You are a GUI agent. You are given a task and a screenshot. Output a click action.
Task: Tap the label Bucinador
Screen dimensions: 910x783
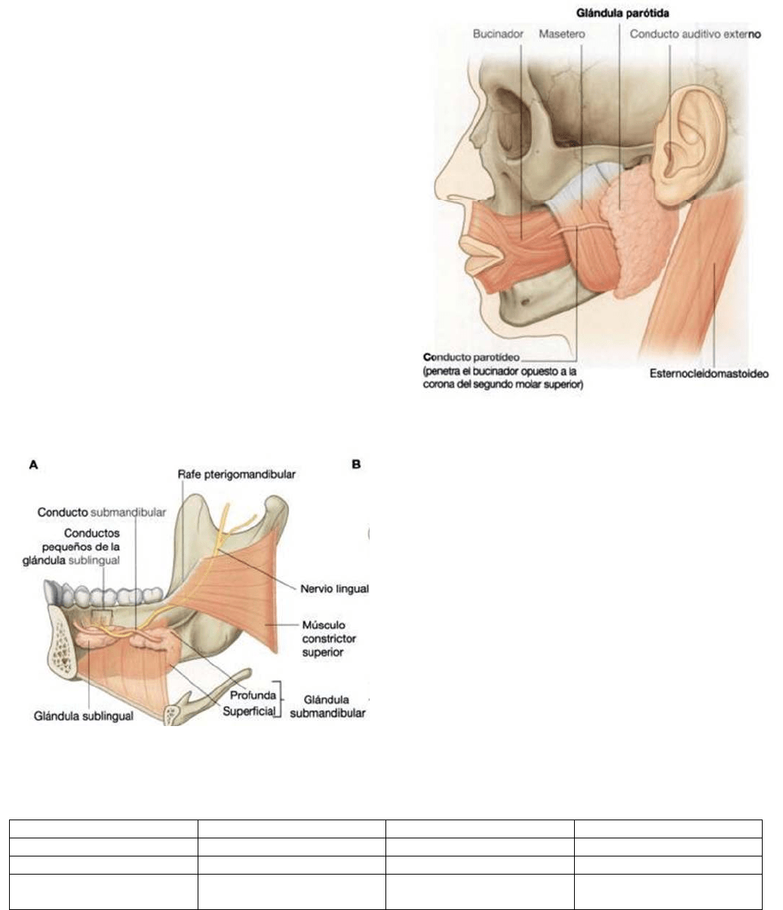click(x=498, y=35)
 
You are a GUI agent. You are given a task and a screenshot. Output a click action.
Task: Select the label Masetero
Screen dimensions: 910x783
click(x=563, y=35)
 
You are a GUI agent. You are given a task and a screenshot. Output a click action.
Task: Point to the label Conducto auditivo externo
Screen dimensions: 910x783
click(x=695, y=35)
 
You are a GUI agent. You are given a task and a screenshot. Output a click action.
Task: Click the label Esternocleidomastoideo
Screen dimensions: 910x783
click(x=708, y=374)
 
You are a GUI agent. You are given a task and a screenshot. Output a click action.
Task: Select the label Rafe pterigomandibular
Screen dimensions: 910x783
click(x=235, y=475)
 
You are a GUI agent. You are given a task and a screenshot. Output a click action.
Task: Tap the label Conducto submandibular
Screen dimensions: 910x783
click(x=102, y=513)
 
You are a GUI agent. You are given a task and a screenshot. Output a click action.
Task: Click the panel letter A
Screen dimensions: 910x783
click(x=33, y=466)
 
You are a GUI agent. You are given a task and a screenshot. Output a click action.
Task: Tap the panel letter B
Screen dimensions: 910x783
click(x=356, y=465)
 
